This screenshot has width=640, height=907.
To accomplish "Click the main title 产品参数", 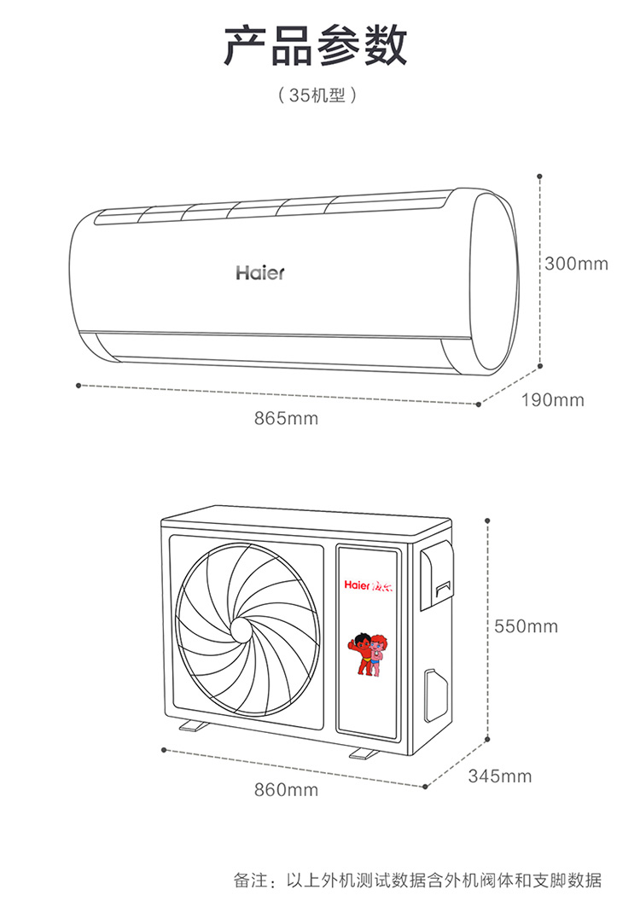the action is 316,46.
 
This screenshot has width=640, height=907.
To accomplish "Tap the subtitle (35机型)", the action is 316,95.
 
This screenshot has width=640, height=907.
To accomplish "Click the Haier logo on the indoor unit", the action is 260,273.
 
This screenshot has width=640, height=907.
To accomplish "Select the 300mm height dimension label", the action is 576,264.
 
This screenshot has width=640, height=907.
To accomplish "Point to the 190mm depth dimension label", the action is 553,399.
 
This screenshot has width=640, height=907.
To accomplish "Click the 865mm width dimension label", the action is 287,418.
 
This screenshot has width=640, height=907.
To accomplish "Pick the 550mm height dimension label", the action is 526,626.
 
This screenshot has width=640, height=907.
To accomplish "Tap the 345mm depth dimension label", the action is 500,776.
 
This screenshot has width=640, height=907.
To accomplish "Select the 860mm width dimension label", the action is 287,789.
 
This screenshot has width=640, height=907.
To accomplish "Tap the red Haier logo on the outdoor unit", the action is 369,585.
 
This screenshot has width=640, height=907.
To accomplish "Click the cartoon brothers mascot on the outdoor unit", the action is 368,654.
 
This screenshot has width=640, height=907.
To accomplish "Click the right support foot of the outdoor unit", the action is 363,753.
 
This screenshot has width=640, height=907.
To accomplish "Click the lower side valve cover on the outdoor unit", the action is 436,695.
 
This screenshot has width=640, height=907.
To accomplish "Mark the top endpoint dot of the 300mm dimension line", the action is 539,176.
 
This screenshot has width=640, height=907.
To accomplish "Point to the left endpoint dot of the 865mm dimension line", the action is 79,386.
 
